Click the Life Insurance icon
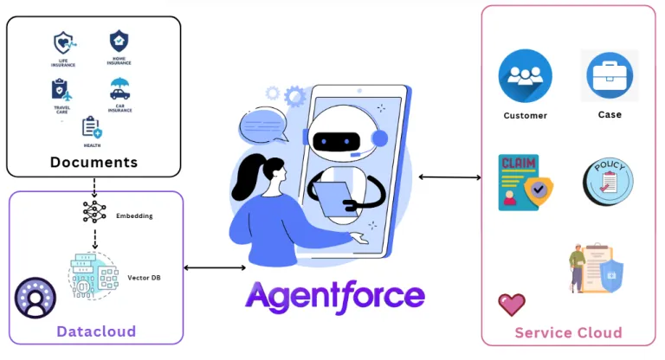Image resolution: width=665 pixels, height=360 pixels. tap(63, 43)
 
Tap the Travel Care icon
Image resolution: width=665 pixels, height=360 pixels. tap(61, 89)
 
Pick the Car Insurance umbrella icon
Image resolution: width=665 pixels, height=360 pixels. tap(119, 88)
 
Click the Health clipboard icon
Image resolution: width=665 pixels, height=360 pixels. tap(91, 127)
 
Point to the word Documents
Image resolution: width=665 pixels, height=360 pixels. tap(94, 162)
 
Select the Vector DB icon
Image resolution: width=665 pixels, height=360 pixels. tap(93, 274)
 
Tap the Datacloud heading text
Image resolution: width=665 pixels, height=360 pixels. tap(96, 331)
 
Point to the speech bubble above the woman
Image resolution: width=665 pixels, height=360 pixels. tap(263, 128)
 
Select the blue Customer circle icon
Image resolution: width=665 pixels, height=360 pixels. tap(525, 77)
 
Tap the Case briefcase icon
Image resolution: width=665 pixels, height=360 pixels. tap(610, 75)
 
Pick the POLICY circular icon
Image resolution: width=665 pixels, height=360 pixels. tap(608, 183)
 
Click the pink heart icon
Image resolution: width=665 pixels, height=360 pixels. tap(511, 304)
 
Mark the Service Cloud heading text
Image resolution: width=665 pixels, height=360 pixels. tap(568, 332)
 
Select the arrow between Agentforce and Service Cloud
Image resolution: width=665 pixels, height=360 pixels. tap(449, 177)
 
